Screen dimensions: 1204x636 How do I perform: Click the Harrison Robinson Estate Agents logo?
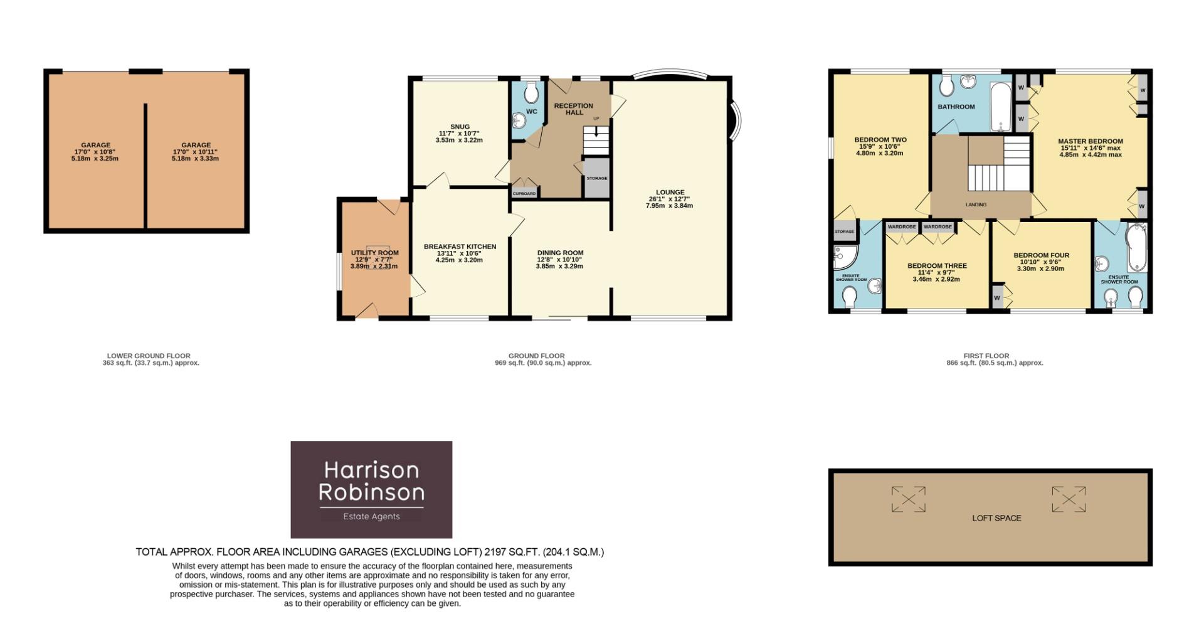pyautogui.click(x=371, y=489)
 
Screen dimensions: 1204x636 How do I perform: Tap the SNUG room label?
pyautogui.click(x=460, y=127)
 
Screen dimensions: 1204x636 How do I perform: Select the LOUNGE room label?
pyautogui.click(x=670, y=193)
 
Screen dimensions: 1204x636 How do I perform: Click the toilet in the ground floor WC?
pyautogui.click(x=531, y=93)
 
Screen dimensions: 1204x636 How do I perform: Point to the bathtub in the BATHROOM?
pyautogui.click(x=1000, y=107)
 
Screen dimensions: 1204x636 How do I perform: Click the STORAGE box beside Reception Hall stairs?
pyautogui.click(x=597, y=178)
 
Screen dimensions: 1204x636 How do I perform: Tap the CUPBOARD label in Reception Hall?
pyautogui.click(x=524, y=194)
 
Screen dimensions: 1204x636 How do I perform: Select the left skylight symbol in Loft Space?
pyautogui.click(x=908, y=499)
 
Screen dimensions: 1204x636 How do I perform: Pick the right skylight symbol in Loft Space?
pyautogui.click(x=1069, y=499)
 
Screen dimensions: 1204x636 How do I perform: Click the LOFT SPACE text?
pyautogui.click(x=996, y=518)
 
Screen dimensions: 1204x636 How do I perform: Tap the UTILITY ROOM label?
pyautogui.click(x=374, y=253)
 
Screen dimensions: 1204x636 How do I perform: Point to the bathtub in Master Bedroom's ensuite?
pyautogui.click(x=1136, y=248)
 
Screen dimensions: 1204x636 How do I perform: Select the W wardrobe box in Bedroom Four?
pyautogui.click(x=996, y=298)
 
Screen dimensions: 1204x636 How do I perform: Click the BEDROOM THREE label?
pyautogui.click(x=937, y=266)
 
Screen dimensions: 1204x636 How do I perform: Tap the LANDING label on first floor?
pyautogui.click(x=976, y=204)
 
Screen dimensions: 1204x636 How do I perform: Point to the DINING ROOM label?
pyautogui.click(x=560, y=253)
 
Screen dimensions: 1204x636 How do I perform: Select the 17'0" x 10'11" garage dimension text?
pyautogui.click(x=195, y=152)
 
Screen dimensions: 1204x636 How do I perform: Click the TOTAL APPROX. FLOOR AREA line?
pyautogui.click(x=370, y=552)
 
